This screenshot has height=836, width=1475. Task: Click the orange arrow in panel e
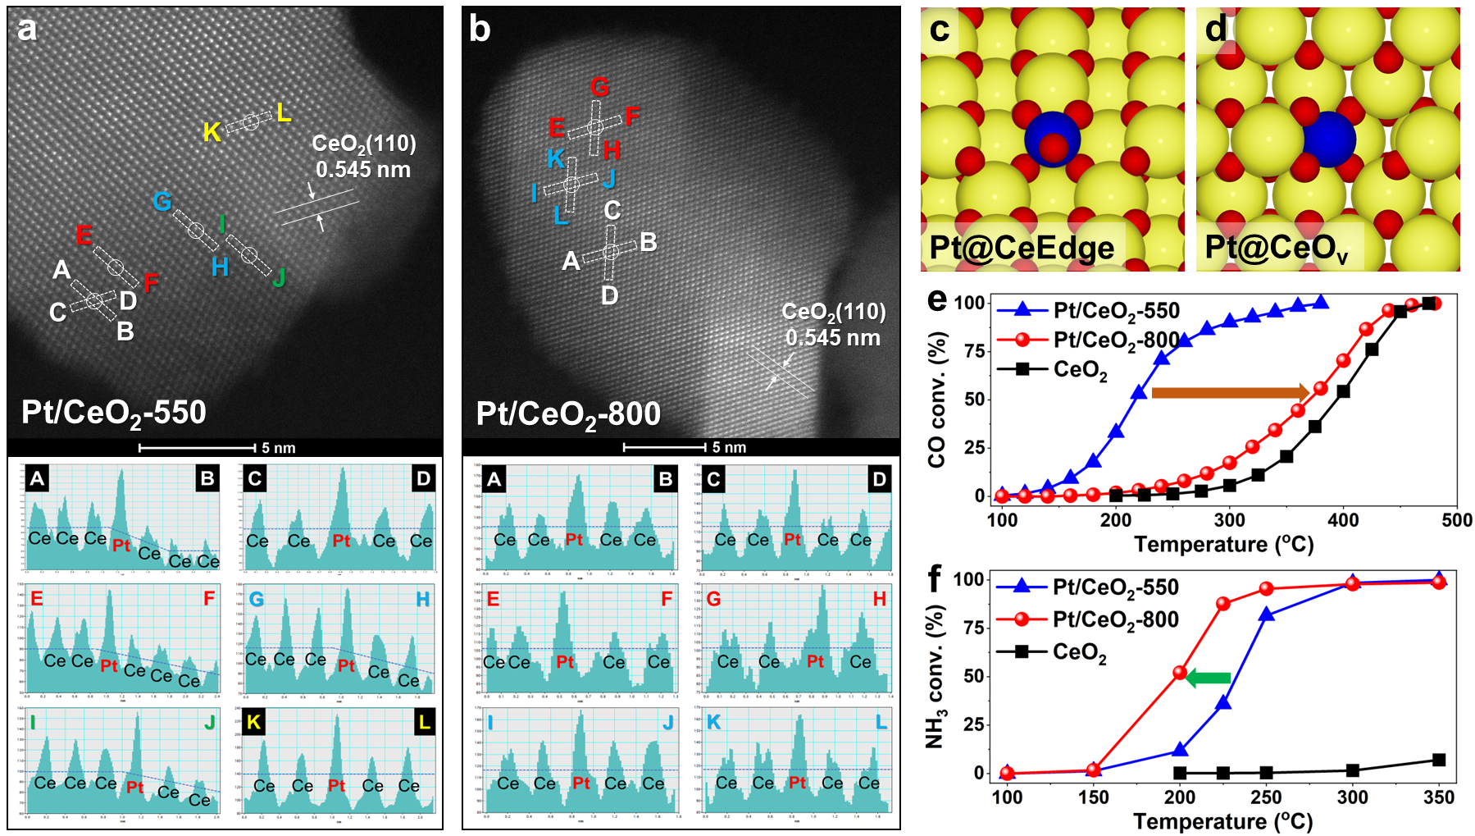point(1230,392)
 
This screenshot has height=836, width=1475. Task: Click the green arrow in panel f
point(1209,678)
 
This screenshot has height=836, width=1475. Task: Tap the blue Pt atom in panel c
point(1052,139)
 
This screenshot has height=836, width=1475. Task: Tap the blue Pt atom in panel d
point(1328,140)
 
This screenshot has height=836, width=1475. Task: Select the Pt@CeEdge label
point(1022,248)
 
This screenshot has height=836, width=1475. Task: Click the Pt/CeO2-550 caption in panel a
point(114,413)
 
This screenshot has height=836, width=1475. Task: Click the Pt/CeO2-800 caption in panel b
point(568,414)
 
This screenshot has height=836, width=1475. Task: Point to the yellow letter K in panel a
point(212,132)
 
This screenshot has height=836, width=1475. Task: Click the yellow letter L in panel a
point(284,112)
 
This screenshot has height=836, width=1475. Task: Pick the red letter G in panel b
point(599,87)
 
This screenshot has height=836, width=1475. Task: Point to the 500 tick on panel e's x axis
point(1456,520)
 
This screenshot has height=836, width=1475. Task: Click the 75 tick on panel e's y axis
point(974,351)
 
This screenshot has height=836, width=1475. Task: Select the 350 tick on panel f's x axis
point(1439,797)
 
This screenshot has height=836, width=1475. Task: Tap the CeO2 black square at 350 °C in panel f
point(1439,760)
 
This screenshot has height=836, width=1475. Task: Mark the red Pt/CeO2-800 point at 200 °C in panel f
point(1180,672)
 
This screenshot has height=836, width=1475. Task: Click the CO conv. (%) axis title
point(937,400)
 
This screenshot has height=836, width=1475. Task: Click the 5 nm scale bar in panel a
point(198,448)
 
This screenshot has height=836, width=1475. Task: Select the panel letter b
point(480,30)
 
